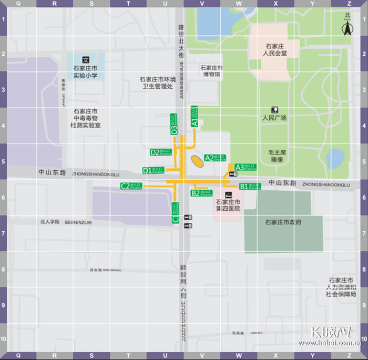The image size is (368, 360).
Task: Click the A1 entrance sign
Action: pyautogui.click(x=194, y=116)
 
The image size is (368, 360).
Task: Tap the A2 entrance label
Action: pyautogui.click(x=215, y=158)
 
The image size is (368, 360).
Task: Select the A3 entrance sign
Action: pyautogui.click(x=245, y=167)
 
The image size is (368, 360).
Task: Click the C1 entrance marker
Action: pyautogui.click(x=176, y=213)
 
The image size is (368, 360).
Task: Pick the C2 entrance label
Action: pyautogui.click(x=131, y=186)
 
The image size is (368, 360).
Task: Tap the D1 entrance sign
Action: pyautogui.click(x=154, y=170)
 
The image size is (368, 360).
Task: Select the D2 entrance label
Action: pyautogui.click(x=161, y=152)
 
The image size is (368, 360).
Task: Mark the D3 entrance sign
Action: pyautogui.click(x=174, y=124)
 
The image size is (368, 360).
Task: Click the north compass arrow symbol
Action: pyautogui.click(x=347, y=27)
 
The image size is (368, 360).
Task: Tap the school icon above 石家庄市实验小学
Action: pyautogui.click(x=86, y=59)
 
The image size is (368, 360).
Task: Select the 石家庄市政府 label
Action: pyautogui.click(x=283, y=222)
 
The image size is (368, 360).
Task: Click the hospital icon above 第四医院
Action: pyautogui.click(x=228, y=194)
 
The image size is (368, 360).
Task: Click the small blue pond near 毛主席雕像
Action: pyautogui.click(x=335, y=157)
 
